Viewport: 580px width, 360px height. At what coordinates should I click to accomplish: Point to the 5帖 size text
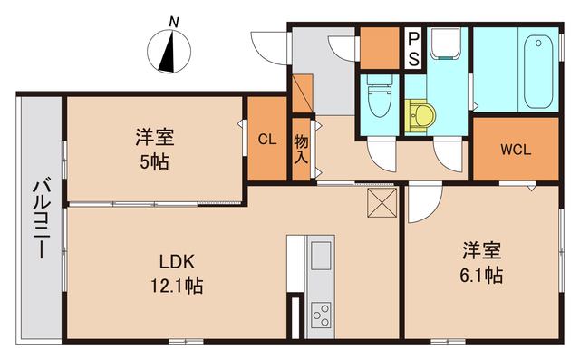155,163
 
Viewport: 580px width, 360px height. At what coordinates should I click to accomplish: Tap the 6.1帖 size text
480,273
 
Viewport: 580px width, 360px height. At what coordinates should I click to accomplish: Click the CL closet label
266,140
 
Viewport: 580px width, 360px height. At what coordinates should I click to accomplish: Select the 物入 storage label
301,148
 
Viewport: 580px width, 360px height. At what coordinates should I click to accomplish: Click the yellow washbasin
421,116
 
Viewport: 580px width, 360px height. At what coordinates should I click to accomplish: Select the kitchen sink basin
321,257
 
